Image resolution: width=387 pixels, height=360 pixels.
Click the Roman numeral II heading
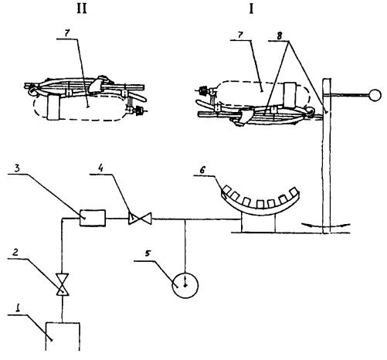(82, 9)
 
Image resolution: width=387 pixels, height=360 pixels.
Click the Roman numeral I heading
(251, 9)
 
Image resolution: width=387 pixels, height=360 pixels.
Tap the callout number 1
(18, 308)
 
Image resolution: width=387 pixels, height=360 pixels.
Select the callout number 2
(15, 252)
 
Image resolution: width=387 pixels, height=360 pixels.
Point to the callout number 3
(16, 168)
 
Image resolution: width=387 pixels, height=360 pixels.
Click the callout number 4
(100, 168)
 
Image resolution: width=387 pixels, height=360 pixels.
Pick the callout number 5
(148, 253)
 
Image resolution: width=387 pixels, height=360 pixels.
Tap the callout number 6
(202, 170)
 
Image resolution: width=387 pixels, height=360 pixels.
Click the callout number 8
(280, 36)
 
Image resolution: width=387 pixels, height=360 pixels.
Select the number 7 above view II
(66, 34)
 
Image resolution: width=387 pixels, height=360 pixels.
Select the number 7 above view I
(240, 35)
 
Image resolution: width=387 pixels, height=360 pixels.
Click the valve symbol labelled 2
(62, 285)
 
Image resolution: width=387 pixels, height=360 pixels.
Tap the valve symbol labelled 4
(140, 219)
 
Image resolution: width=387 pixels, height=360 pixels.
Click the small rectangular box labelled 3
(93, 218)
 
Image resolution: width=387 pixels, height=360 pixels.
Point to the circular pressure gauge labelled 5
(185, 285)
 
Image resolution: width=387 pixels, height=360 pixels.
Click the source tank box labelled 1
(63, 336)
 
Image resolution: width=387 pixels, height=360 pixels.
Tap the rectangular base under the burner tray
(258, 223)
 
